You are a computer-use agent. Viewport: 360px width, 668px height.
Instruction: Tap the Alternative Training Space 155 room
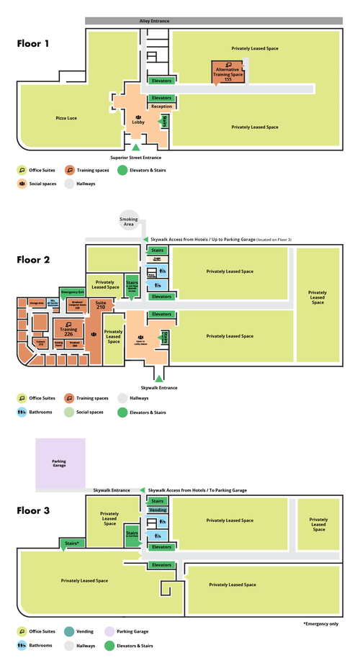pos(228,71)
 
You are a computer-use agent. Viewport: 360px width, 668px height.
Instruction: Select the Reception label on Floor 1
pos(161,107)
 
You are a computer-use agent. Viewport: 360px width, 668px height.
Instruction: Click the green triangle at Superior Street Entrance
pos(135,148)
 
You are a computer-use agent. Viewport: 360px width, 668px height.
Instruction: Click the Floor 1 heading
pos(33,43)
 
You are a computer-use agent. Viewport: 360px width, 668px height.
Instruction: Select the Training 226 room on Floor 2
pos(68,332)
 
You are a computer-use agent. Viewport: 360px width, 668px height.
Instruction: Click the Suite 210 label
pos(100,306)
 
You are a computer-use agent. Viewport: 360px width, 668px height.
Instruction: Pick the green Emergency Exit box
pos(72,292)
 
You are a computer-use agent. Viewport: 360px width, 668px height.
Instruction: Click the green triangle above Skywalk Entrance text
pos(159,376)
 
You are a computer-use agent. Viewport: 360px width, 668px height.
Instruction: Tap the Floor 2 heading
pos(33,259)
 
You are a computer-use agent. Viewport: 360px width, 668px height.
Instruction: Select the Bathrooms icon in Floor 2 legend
pos(22,412)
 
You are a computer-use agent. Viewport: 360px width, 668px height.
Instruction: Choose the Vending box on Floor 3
pos(158,510)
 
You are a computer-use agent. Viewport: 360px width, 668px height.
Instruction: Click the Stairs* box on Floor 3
pos(71,542)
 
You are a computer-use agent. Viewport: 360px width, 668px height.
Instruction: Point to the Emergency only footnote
pos(320,623)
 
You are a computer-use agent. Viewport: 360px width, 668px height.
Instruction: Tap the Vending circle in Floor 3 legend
pos(69,631)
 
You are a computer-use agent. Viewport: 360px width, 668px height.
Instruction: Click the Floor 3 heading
pos(33,511)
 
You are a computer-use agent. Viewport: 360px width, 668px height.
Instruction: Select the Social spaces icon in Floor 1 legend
pos(22,184)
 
